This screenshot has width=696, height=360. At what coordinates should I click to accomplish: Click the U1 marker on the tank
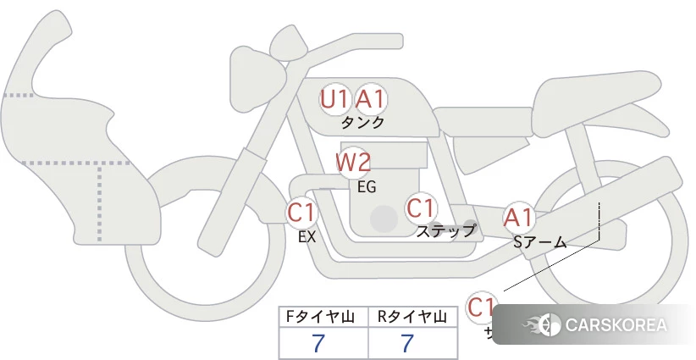[x=334, y=99]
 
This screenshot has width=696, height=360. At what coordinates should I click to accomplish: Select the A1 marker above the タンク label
[x=370, y=99]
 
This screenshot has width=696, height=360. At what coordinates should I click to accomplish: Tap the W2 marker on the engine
[x=353, y=161]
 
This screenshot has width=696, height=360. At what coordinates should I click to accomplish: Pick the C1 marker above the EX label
[x=301, y=212]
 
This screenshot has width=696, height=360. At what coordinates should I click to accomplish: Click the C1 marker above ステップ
[x=420, y=208]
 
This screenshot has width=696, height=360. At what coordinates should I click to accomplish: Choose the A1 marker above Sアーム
[x=518, y=218]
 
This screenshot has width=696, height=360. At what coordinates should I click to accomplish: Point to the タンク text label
[x=362, y=122]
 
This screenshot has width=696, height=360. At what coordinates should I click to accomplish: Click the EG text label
[x=367, y=186]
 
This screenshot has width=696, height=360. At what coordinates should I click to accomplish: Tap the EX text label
[x=307, y=237]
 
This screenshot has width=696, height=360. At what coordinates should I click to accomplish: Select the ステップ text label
[x=445, y=230]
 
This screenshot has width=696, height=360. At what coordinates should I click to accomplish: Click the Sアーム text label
[x=539, y=243]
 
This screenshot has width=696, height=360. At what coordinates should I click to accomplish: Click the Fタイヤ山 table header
[x=323, y=318]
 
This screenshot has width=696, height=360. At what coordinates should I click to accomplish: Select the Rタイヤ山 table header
[x=412, y=318]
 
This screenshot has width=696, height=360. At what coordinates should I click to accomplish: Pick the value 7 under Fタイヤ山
[x=318, y=343]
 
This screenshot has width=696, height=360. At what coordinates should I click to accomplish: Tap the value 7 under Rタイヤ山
[x=408, y=343]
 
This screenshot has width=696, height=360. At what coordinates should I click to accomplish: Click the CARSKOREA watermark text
[x=616, y=325]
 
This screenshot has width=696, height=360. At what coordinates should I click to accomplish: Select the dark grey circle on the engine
[x=384, y=219]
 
